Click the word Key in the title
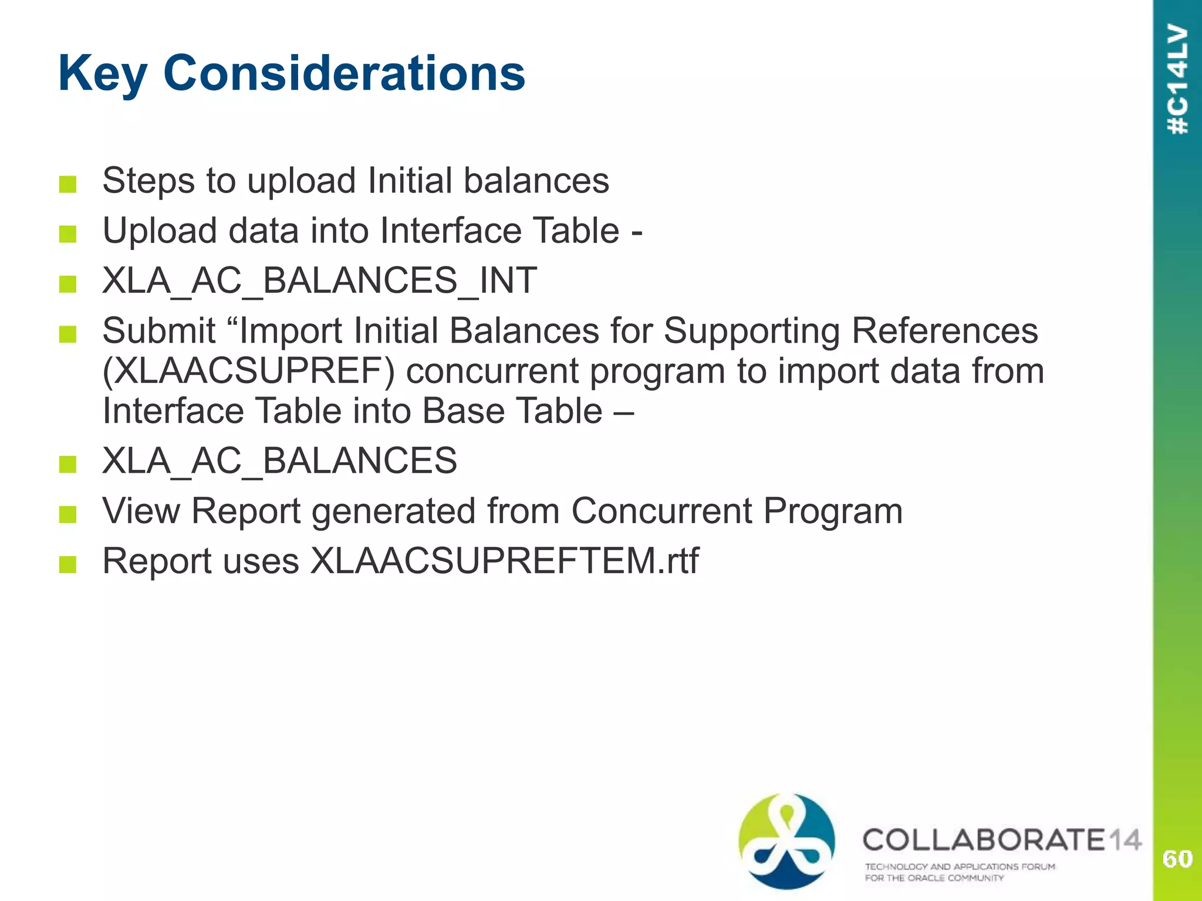coord(103,74)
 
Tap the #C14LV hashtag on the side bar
coord(1178,80)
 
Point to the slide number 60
coord(1177,859)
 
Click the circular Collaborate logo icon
coord(786,841)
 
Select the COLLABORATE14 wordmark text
coord(1001,839)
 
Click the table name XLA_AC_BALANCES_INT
coord(319,280)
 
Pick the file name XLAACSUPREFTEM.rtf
coord(504,561)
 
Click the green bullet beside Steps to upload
coord(68,184)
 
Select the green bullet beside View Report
coord(68,514)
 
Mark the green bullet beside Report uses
coord(68,564)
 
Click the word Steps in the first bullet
coord(148,181)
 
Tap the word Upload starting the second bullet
coord(160,231)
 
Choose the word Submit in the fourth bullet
coord(159,331)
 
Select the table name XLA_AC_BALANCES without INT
coord(279,460)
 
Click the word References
coord(944,331)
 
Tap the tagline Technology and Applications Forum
coord(960,866)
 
